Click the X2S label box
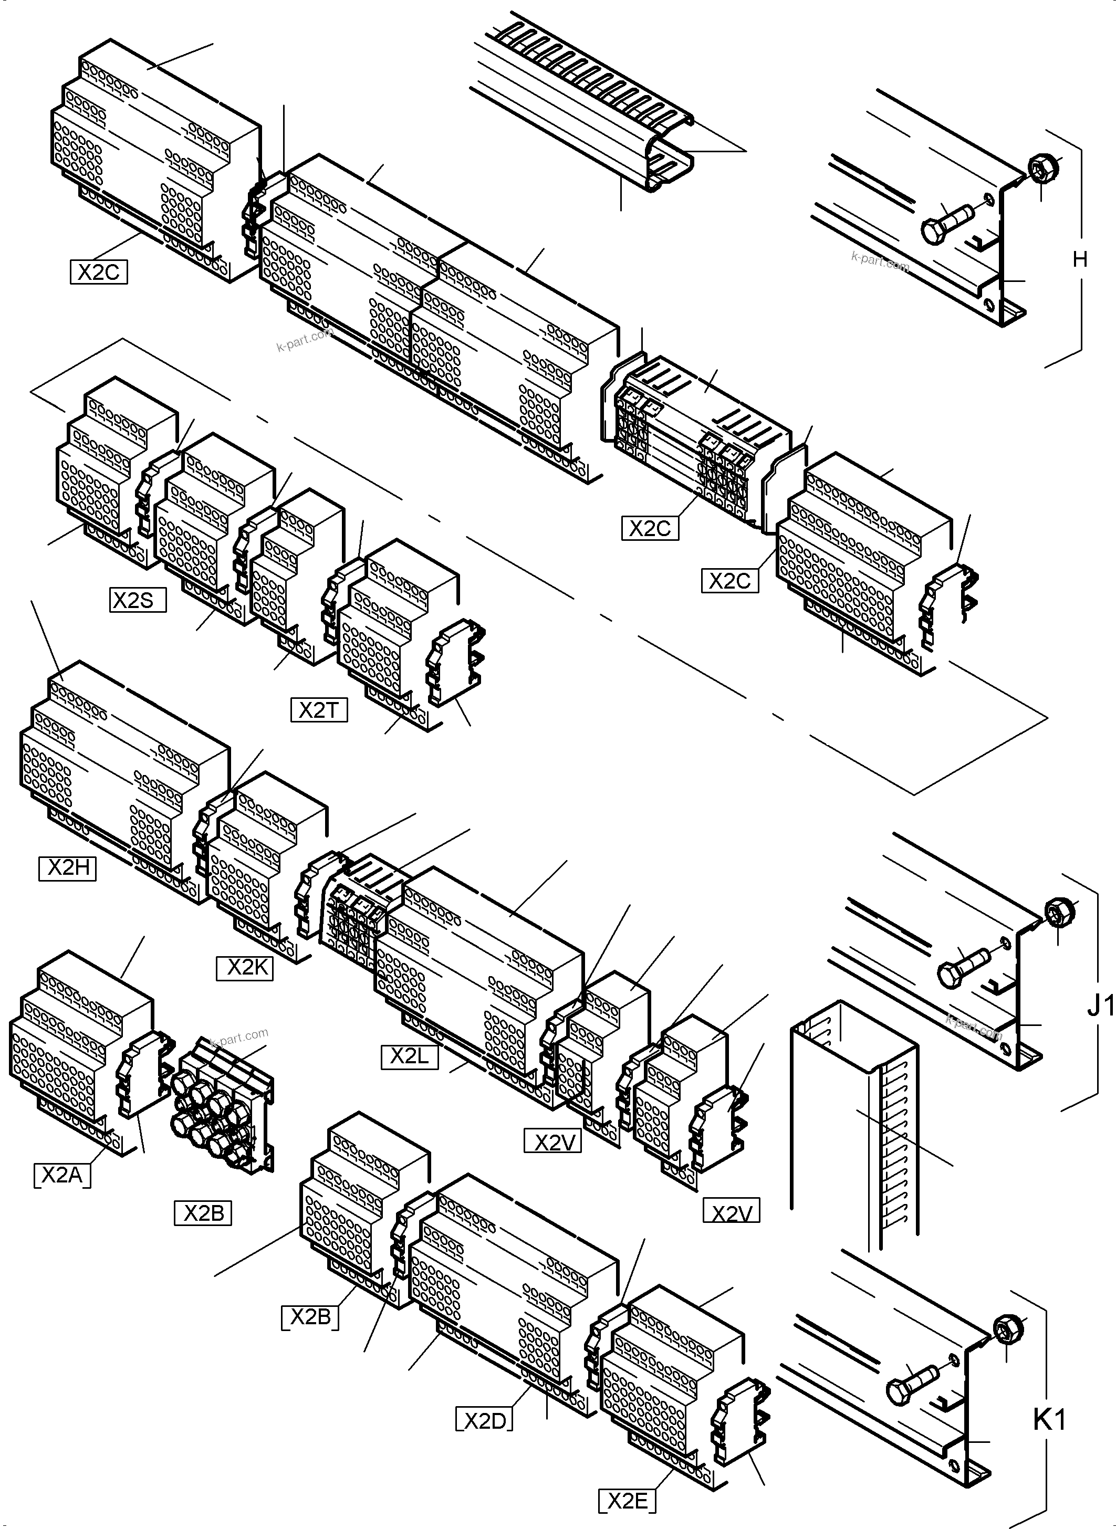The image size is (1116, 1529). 137,600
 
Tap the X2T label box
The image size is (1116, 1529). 319,710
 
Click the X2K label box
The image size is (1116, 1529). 245,968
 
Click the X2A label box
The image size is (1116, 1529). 61,1175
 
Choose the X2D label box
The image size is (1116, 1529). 484,1421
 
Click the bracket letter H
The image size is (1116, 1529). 1080,259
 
